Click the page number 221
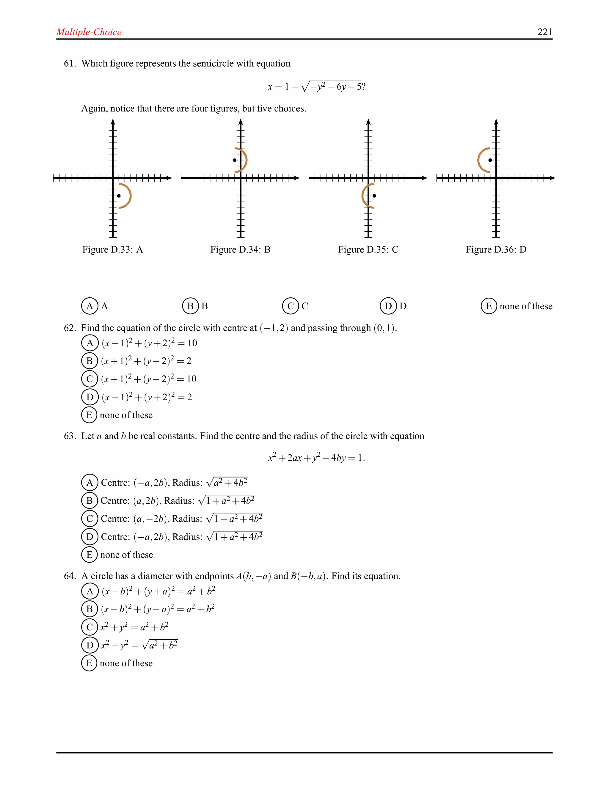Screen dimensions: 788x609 coord(544,32)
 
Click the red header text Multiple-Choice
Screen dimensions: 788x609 coord(89,32)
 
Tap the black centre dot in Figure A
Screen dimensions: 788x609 coord(119,196)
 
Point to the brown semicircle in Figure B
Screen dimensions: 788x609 coord(245,160)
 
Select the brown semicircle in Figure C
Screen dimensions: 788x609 coord(364,196)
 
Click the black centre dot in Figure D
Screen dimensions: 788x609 coord(490,160)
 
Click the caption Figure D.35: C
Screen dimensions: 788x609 coord(368,250)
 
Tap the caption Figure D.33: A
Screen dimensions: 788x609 coord(113,250)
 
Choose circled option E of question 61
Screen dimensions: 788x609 coord(489,306)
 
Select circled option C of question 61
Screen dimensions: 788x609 coord(291,306)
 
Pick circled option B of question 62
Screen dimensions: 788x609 coord(90,361)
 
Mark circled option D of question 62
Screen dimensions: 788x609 coord(90,397)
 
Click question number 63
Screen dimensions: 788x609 coord(70,436)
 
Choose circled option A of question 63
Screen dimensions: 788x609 coord(90,482)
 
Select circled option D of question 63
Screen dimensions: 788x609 coord(90,536)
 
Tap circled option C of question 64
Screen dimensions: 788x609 coord(90,627)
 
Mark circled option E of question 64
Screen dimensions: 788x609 coord(90,663)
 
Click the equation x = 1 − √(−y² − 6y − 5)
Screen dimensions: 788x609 coord(316,87)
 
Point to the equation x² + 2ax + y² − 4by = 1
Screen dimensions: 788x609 coord(316,458)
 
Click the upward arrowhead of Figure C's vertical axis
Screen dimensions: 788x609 coord(368,122)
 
